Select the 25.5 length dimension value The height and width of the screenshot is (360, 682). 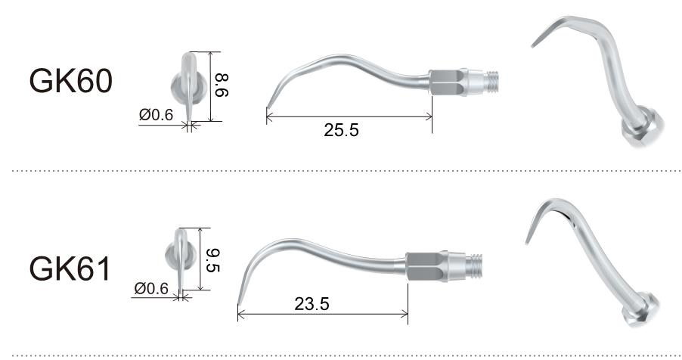[x=342, y=131]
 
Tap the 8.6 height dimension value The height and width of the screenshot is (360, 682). [x=222, y=85]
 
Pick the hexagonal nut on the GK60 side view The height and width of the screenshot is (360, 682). [x=446, y=82]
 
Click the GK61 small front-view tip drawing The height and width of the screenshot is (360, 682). [x=178, y=258]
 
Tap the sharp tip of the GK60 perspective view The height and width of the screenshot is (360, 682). [x=532, y=46]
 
